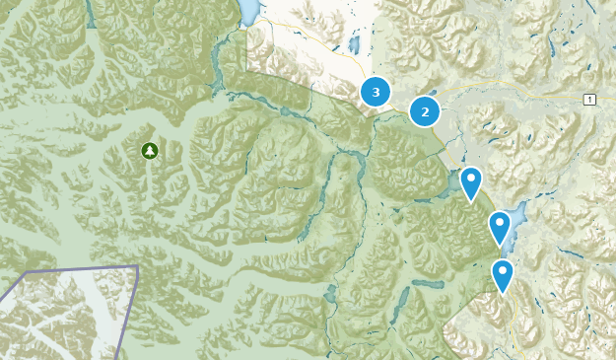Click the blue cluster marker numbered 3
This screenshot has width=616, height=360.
click(375, 92)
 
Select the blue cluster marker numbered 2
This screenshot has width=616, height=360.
click(425, 110)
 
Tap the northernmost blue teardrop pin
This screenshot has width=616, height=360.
click(471, 181)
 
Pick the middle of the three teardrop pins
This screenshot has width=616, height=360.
click(500, 226)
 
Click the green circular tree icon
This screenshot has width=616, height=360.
click(149, 151)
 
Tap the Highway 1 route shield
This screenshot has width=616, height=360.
click(588, 100)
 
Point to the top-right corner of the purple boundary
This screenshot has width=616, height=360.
click(137, 266)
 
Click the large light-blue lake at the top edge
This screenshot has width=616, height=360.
click(248, 12)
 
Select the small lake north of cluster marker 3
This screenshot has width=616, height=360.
click(353, 43)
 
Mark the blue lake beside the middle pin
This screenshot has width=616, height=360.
click(513, 212)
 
